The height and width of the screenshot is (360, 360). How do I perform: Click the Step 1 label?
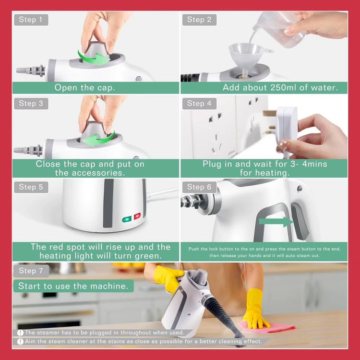31,20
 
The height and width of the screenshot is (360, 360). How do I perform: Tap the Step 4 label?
199,104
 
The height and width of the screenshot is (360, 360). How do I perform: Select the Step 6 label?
199,187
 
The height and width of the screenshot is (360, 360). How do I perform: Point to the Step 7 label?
31,271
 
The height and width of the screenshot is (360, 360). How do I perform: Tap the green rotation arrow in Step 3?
98,139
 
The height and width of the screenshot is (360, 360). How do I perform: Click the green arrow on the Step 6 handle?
276,222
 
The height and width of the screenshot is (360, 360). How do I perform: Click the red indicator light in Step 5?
137,216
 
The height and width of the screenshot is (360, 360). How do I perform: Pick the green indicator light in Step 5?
127,219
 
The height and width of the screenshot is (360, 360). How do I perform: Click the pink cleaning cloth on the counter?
266,327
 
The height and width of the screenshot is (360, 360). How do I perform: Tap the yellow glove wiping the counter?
255,309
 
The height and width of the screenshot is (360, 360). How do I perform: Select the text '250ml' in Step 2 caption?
283,87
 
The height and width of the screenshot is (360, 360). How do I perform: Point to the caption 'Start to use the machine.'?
73,286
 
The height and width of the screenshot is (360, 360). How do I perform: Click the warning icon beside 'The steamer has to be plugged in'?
20,333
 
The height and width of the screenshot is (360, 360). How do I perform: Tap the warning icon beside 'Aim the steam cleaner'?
20,342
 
